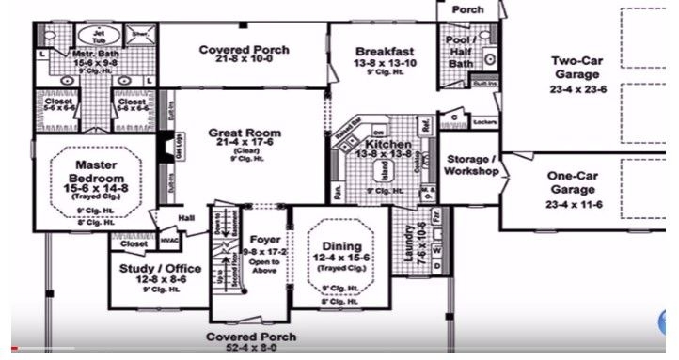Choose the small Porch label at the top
click(467, 8)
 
